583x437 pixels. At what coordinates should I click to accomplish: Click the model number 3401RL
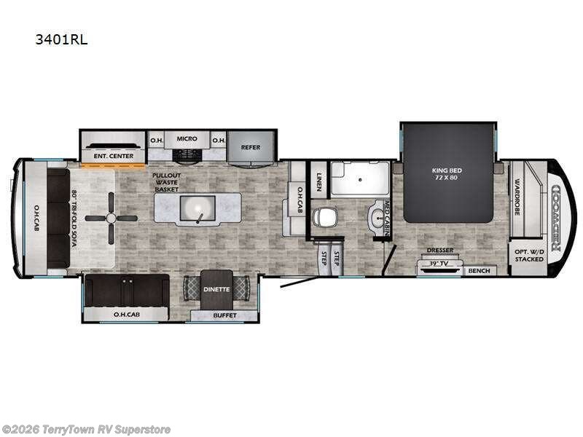pos(61,40)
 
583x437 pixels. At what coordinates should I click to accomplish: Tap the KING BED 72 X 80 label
pos(447,174)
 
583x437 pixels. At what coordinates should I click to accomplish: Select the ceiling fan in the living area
pos(111,218)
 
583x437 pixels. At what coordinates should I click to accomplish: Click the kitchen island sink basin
pos(197,210)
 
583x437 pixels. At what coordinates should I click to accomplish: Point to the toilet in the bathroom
pos(324,216)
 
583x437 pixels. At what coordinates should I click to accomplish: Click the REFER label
pos(251,147)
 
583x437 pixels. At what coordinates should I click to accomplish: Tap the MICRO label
pos(187,138)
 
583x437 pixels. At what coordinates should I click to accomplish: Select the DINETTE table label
pos(216,289)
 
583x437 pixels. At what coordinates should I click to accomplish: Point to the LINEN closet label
pos(318,178)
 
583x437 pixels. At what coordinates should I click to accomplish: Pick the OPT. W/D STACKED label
pos(529,254)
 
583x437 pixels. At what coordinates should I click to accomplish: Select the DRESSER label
pos(440,250)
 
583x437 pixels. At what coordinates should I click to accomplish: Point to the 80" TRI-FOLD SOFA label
pos(74,219)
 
